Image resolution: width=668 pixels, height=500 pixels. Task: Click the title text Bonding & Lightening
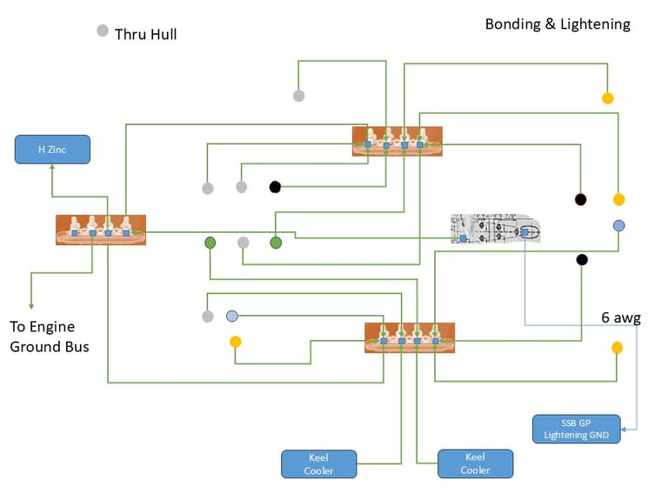[558, 24]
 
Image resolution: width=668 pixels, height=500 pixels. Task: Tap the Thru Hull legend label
[146, 35]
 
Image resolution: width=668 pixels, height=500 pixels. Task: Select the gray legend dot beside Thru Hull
[103, 31]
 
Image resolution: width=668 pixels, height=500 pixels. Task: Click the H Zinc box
[52, 150]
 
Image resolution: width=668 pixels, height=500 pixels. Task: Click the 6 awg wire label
[620, 317]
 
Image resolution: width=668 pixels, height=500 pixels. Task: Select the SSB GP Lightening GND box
[577, 429]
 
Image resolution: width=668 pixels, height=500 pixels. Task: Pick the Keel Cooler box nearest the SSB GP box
[475, 463]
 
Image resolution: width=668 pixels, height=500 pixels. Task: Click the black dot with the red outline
[580, 199]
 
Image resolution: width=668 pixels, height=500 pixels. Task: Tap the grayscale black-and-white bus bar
[495, 229]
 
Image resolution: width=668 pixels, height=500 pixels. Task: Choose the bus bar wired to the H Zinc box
[100, 230]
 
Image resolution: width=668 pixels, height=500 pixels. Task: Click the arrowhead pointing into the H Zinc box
[52, 169]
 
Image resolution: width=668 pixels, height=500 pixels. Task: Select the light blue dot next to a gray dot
[232, 316]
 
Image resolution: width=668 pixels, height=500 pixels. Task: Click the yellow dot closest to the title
[607, 97]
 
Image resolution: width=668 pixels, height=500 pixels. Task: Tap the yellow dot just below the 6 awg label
[617, 348]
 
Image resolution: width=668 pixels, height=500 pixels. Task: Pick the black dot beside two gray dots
[275, 186]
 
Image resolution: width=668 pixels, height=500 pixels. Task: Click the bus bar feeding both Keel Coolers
[409, 337]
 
